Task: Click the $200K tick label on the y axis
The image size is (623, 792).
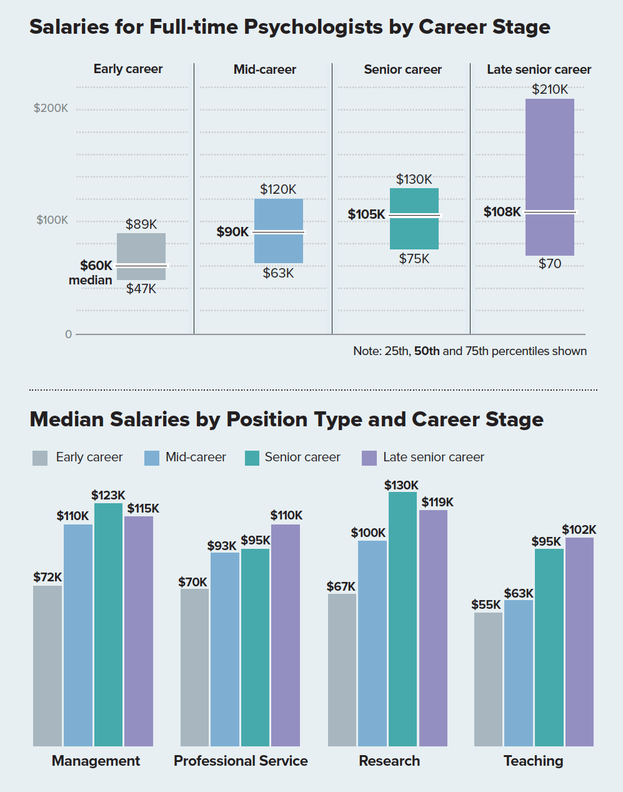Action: pyautogui.click(x=51, y=108)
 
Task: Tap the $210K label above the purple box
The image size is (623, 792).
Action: pyautogui.click(x=550, y=89)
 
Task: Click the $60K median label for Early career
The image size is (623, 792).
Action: pyautogui.click(x=96, y=266)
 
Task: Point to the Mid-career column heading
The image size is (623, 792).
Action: pyautogui.click(x=265, y=69)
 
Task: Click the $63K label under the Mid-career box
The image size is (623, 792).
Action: pyautogui.click(x=278, y=273)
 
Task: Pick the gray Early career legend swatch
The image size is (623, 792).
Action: pyautogui.click(x=40, y=458)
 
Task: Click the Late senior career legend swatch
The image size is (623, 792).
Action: pyautogui.click(x=369, y=458)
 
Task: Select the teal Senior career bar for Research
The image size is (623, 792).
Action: pyautogui.click(x=402, y=619)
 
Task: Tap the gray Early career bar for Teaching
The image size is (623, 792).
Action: pyautogui.click(x=488, y=679)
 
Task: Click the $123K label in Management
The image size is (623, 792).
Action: pyautogui.click(x=108, y=495)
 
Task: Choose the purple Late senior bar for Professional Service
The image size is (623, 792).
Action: pyautogui.click(x=286, y=634)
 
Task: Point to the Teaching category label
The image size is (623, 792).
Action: pyautogui.click(x=533, y=761)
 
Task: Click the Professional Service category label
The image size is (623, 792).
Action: pyautogui.click(x=241, y=761)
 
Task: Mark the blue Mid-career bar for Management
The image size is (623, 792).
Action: pyautogui.click(x=78, y=634)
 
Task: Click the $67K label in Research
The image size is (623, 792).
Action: pyautogui.click(x=341, y=586)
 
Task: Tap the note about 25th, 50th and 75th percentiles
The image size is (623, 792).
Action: pyautogui.click(x=470, y=351)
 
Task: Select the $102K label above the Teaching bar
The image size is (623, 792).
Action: pyautogui.click(x=579, y=529)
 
